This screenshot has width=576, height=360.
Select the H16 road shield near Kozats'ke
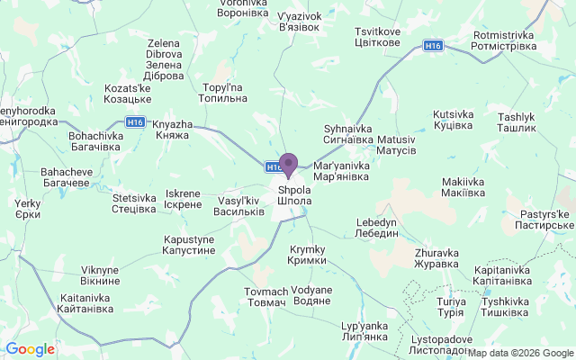point(136,122)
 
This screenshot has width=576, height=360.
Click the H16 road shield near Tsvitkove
point(435,45)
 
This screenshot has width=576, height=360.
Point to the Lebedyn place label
point(377,227)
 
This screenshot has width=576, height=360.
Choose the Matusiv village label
point(396,146)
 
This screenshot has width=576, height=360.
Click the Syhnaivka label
point(348,134)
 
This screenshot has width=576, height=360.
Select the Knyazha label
point(171,129)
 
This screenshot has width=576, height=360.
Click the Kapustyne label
point(189,245)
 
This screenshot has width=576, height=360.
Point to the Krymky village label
point(307,255)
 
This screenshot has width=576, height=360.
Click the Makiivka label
point(464,187)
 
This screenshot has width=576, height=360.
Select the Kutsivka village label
point(453,121)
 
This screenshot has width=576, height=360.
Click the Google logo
point(30,349)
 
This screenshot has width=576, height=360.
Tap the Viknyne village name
point(100,274)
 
